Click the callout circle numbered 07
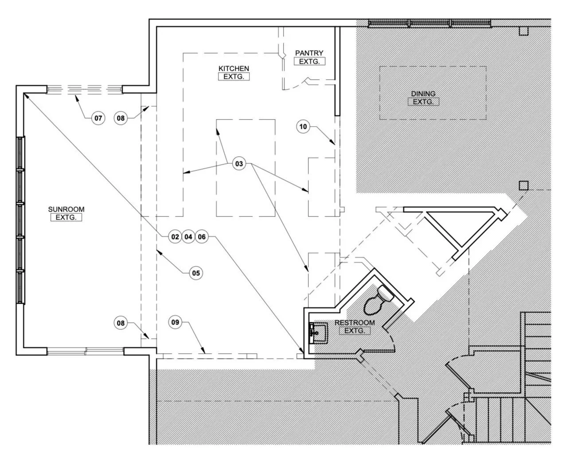tap(98, 118)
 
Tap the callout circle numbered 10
tap(303, 127)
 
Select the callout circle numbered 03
tap(239, 163)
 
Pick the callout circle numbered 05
tap(196, 273)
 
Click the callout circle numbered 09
tap(175, 322)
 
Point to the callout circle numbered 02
tap(175, 237)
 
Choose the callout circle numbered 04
tap(188, 237)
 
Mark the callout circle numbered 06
tap(202, 237)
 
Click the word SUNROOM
tap(66, 209)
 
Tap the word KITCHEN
tap(234, 69)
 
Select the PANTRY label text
tap(309, 53)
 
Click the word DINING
tap(423, 94)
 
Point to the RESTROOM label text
tap(355, 323)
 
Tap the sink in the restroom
tap(319, 333)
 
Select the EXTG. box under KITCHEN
tap(234, 77)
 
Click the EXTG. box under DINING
tap(423, 102)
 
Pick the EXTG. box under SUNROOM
tap(66, 217)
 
